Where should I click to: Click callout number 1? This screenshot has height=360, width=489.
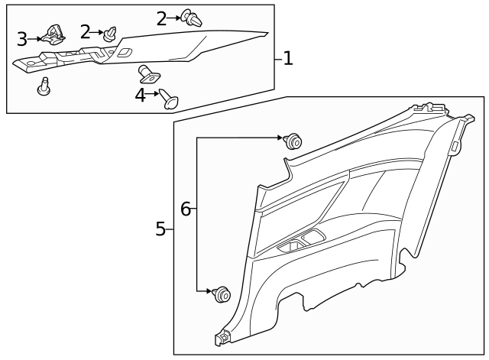click(x=287, y=59)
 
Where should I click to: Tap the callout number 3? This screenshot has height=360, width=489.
click(x=22, y=37)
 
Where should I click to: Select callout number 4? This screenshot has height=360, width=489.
click(x=140, y=96)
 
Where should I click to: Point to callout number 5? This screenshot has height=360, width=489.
click(x=160, y=229)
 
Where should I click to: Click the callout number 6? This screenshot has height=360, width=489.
click(x=185, y=208)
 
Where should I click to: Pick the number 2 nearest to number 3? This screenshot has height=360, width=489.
click(x=86, y=31)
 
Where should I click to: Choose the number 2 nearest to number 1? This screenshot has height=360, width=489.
click(x=161, y=18)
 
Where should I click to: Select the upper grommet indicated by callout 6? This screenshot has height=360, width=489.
click(x=292, y=141)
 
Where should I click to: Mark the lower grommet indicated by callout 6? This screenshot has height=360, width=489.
click(x=222, y=293)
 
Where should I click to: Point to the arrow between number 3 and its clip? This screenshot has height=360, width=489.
click(x=36, y=37)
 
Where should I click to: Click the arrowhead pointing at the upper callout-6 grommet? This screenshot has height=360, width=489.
click(x=280, y=138)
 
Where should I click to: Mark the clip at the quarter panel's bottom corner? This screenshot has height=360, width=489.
click(x=225, y=336)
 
